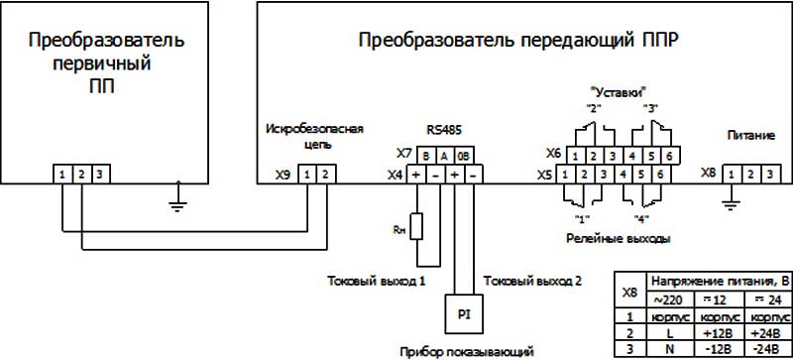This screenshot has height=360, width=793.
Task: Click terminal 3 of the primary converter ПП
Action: pyautogui.click(x=98, y=175)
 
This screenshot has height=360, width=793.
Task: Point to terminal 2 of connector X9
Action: pyautogui.click(x=327, y=175)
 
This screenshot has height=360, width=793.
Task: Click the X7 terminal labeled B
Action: pyautogui.click(x=425, y=155)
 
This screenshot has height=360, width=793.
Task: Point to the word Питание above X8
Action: pyautogui.click(x=750, y=134)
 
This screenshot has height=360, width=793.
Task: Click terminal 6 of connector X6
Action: pyautogui.click(x=670, y=155)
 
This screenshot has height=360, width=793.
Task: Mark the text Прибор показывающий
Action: pyautogui.click(x=466, y=351)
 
